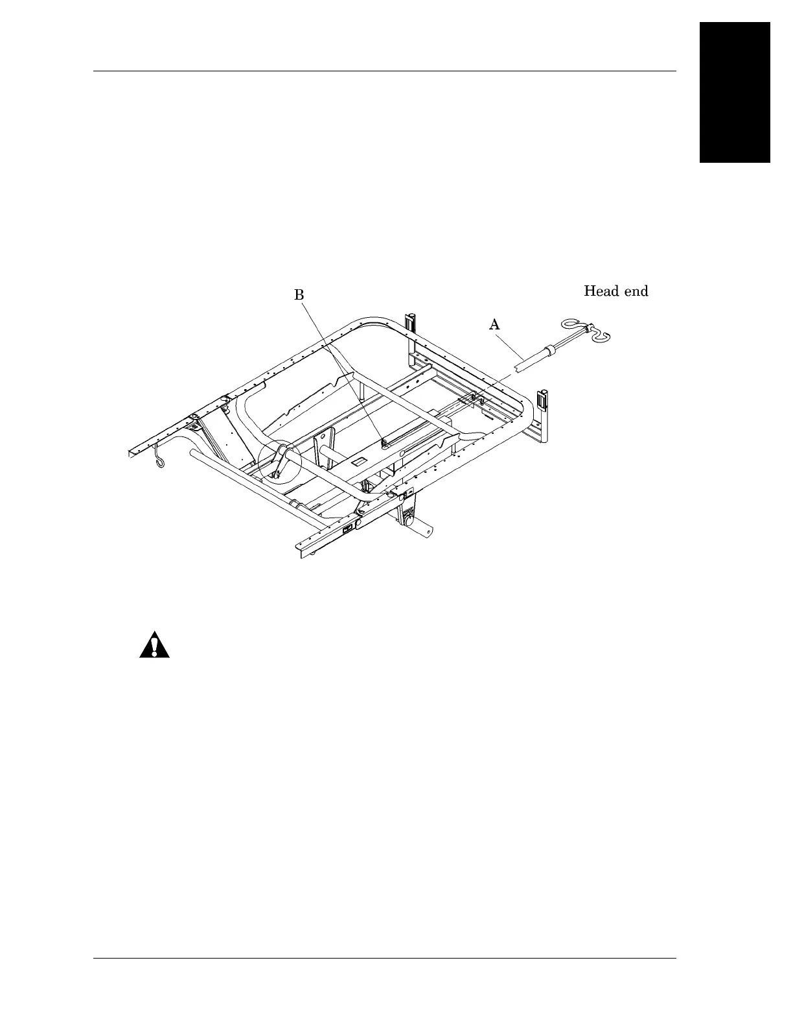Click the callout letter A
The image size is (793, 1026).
494,325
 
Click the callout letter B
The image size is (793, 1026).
299,295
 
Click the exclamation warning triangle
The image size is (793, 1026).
154,644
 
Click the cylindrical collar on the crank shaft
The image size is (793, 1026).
552,351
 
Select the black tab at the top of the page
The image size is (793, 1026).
735,93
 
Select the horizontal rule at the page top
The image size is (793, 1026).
385,71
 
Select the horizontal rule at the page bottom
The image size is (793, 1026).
385,959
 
